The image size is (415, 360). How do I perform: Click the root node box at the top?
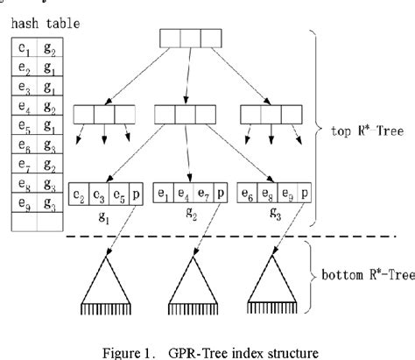pyautogui.click(x=189, y=39)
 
